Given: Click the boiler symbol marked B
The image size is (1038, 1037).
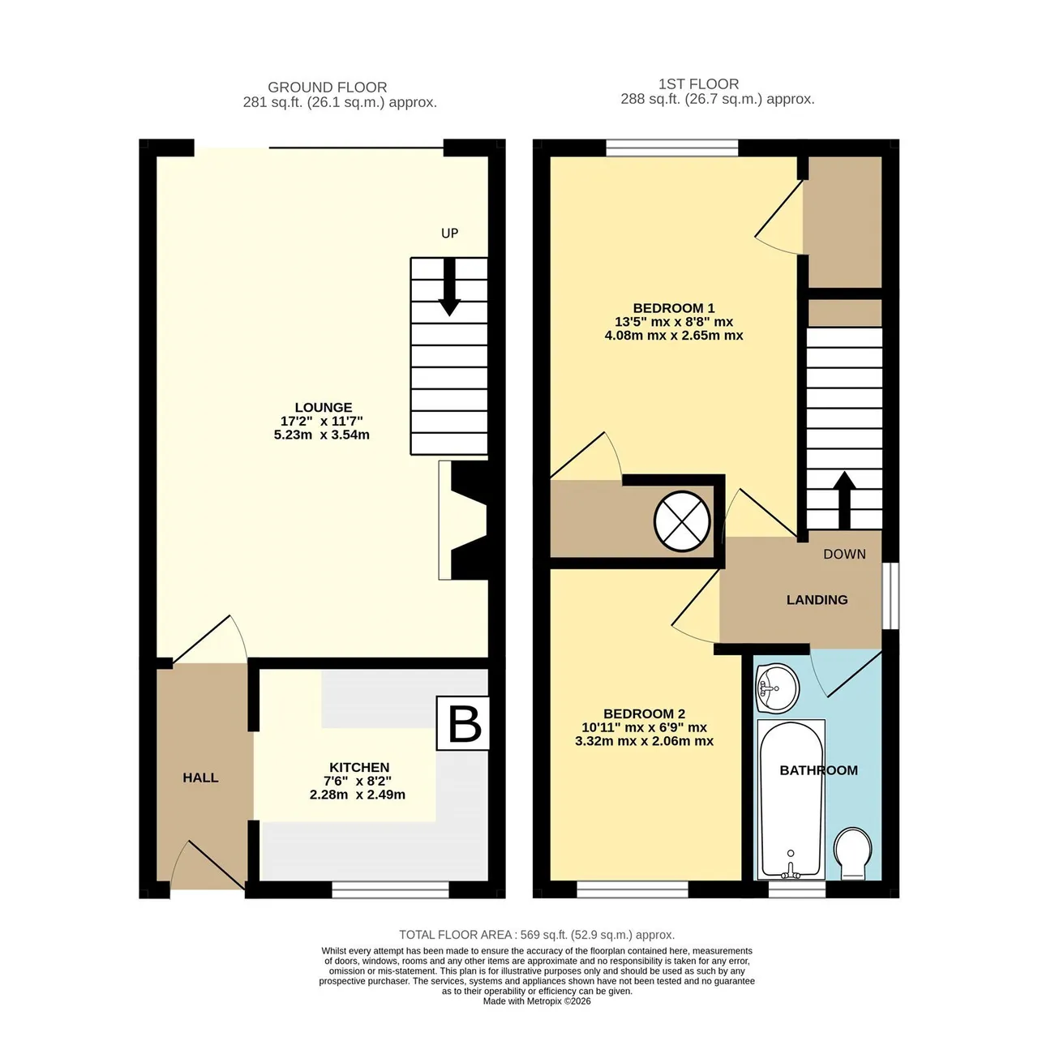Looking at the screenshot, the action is pos(463,722).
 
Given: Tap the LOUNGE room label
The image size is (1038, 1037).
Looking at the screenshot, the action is pos(324,407).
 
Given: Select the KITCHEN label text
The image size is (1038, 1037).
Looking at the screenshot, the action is pos(359,767).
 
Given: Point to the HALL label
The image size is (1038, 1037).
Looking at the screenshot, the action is pos(200,778).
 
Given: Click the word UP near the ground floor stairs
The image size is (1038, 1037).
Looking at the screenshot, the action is pos(450,234).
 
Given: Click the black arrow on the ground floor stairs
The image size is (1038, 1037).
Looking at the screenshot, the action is pos(449,287).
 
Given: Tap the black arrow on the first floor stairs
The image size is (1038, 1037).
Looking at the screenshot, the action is pos(844,500).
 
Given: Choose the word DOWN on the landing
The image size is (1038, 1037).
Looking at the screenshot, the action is pos(845,555).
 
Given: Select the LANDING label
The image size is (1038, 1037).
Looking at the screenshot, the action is pos(817,599).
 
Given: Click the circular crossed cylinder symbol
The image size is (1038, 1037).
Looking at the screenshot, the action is pos(682,521).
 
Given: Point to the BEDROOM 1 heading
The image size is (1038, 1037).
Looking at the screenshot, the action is pos(674,308).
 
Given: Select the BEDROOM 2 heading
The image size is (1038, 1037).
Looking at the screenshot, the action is pos(644,713).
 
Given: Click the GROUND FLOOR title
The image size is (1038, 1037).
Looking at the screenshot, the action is pos(328,88).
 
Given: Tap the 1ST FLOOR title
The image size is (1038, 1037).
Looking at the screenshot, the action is pos(699,84).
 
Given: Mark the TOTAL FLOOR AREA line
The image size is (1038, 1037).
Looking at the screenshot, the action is pos(537,935).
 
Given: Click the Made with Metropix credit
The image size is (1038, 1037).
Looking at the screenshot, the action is pos(537,1001).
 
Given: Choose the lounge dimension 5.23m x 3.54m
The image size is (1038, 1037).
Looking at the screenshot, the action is pos(322,435).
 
